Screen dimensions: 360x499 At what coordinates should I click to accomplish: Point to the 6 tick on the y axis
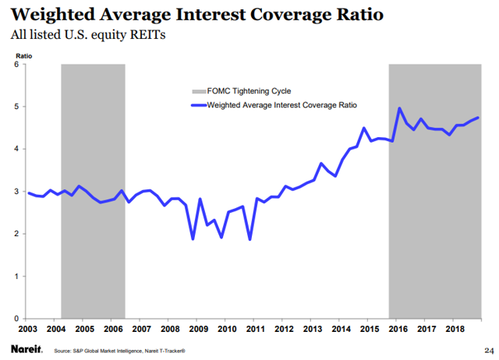16,64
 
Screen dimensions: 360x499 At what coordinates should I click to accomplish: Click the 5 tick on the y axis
16,107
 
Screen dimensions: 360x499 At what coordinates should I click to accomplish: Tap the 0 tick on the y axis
16,319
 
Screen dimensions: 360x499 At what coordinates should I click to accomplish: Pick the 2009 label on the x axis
198,330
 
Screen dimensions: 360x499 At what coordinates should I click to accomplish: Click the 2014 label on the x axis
342,330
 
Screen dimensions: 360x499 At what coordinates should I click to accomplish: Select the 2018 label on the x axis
455,330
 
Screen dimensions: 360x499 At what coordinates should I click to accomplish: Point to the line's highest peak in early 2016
399,108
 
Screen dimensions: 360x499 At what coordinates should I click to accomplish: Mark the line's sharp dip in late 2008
193,238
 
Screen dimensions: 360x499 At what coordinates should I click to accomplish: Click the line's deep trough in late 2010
249,239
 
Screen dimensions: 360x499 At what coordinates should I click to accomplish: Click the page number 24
489,348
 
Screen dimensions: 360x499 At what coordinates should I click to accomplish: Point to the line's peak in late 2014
364,128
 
